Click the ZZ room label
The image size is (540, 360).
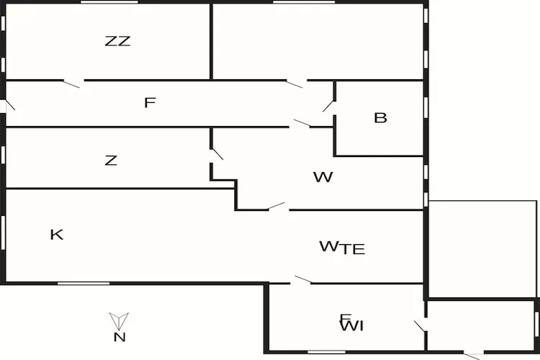(117, 41)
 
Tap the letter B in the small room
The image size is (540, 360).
(380, 117)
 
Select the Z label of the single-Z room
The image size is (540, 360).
(110, 161)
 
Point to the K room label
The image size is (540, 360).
(56, 234)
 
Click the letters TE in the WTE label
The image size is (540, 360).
(353, 250)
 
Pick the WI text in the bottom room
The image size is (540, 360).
(351, 326)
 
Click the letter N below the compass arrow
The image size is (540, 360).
(120, 337)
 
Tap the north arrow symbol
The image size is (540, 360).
(120, 320)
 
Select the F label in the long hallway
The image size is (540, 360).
(149, 103)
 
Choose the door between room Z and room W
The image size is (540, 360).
(216, 153)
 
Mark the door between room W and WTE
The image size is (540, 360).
(277, 207)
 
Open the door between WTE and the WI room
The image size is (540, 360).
(302, 280)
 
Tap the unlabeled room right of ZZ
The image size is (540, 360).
(317, 42)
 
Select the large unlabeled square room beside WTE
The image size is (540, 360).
(482, 248)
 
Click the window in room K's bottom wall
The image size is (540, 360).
(84, 283)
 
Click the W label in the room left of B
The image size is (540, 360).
(323, 176)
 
